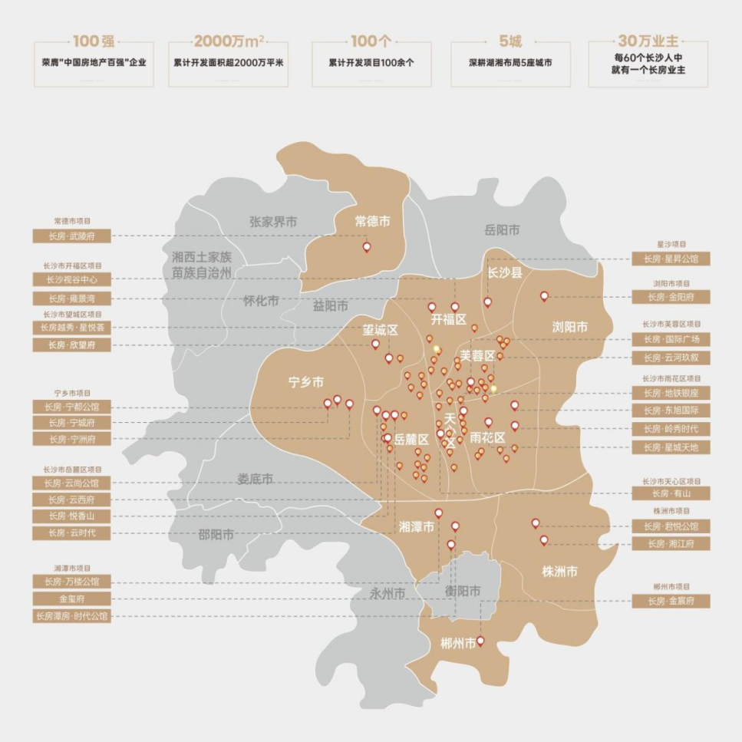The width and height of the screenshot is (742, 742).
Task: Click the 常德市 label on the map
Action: pyautogui.click(x=372, y=222)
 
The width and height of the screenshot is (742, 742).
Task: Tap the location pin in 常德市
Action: pyautogui.click(x=367, y=247)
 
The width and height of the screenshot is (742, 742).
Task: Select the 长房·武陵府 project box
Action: pyautogui.click(x=72, y=236)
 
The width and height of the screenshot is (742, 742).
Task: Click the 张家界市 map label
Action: pyautogui.click(x=273, y=222)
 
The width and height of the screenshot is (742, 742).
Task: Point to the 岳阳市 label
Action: pyautogui.click(x=502, y=230)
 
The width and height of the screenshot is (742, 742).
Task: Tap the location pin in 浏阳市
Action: pyautogui.click(x=544, y=295)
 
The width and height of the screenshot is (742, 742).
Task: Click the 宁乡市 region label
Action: pyautogui.click(x=305, y=382)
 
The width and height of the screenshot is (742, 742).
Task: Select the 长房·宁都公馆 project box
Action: pyautogui.click(x=72, y=407)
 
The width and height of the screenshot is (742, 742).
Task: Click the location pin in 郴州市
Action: pyautogui.click(x=481, y=641)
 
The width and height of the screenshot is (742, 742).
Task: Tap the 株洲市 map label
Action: pyautogui.click(x=559, y=572)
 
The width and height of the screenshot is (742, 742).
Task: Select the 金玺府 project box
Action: pyautogui.click(x=72, y=599)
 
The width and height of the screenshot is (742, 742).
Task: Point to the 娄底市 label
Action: pyautogui.click(x=256, y=480)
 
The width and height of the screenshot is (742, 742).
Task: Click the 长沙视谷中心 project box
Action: pyautogui.click(x=72, y=280)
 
